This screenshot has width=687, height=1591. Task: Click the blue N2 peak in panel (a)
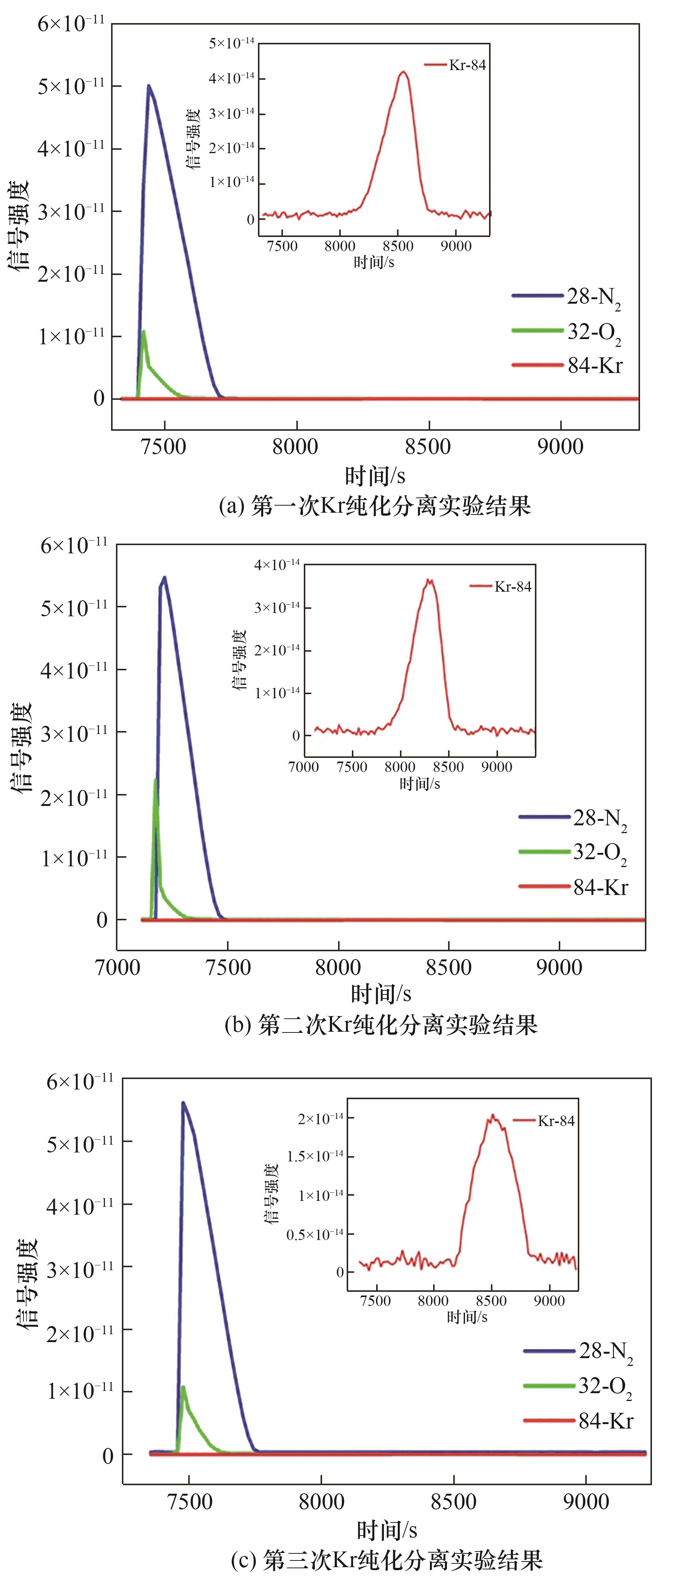tap(149, 86)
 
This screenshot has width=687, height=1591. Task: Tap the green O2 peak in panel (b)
tap(155, 780)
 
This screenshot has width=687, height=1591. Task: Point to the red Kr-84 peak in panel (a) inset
tap(403, 72)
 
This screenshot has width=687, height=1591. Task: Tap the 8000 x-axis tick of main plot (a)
tap(296, 446)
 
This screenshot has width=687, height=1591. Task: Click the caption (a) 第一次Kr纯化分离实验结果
tap(375, 506)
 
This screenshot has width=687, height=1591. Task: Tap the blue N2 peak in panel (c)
tap(183, 1103)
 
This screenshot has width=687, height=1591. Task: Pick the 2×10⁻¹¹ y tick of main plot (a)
tap(72, 273)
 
